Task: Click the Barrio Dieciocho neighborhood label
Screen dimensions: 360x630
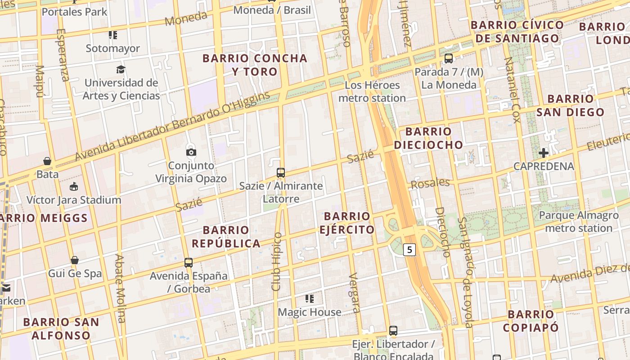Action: [x=428, y=138]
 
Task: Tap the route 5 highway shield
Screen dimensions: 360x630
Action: [x=409, y=249]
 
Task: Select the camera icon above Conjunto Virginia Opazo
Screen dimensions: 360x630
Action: [x=191, y=152]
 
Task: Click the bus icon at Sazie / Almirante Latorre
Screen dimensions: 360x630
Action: [x=281, y=172]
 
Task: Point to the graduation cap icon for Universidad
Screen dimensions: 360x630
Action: [x=121, y=69]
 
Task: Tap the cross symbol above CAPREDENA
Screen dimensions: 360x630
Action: [x=544, y=153]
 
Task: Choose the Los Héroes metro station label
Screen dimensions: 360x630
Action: [x=372, y=91]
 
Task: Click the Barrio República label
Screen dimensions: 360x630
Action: [x=226, y=237]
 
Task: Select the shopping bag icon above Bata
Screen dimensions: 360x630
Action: [x=47, y=161]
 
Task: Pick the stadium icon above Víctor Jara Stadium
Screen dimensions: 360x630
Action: [x=74, y=186]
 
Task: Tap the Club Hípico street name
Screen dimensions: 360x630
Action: [x=277, y=261]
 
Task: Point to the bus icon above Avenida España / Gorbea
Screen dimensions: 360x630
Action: [x=189, y=262]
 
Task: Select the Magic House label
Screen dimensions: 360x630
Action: [x=310, y=312]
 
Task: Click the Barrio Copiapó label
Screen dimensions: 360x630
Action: [x=531, y=321]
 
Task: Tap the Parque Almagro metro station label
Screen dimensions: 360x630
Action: [x=579, y=221]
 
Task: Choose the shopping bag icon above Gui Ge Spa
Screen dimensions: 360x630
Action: [x=75, y=260]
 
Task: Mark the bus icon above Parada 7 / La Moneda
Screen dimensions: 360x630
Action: [x=449, y=58]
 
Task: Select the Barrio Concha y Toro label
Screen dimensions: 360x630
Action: [x=255, y=65]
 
